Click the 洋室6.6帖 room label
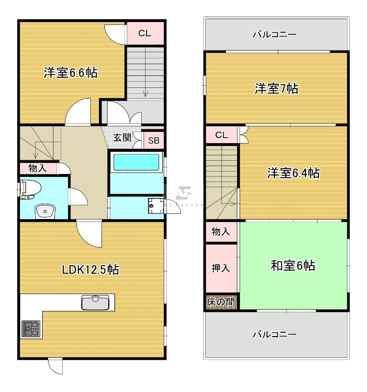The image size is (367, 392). click(70, 73)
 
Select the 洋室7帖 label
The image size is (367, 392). click(276, 89)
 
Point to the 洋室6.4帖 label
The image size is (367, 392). click(294, 173)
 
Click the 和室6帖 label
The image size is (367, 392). click(293, 266)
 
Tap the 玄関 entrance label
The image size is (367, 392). click(122, 138)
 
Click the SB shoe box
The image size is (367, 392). click(154, 141)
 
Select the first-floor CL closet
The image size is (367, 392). click(145, 33)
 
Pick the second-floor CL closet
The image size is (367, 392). click(221, 135)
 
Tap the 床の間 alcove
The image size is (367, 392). click(220, 302)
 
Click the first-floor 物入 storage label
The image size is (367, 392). click(38, 169)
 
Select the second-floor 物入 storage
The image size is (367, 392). click(221, 231)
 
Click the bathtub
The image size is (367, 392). click(137, 162)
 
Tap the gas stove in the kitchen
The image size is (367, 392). click(31, 328)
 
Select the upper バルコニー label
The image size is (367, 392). click(274, 34)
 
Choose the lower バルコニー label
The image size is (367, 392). click(274, 335)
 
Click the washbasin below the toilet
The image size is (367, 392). click(45, 211)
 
